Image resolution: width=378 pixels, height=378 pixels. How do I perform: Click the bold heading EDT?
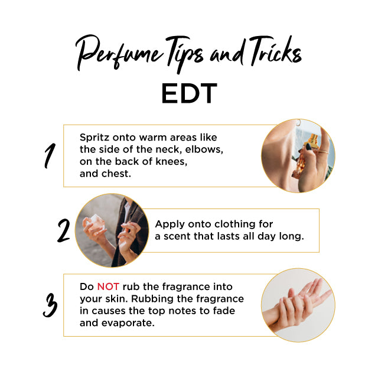(189, 93)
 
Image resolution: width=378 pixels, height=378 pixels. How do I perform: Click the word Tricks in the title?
(275, 51)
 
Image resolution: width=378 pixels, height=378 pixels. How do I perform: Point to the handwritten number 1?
(50, 156)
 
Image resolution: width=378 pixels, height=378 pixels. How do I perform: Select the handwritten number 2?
(63, 230)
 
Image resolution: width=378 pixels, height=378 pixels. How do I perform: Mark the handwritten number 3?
(50, 305)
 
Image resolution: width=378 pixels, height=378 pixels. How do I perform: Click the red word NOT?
(108, 286)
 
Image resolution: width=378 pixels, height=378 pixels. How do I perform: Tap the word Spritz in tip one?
(94, 138)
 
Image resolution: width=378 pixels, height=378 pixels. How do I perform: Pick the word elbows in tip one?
(204, 149)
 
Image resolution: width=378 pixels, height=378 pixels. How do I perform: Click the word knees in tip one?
(171, 161)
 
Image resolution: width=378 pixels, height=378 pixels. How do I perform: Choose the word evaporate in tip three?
(128, 323)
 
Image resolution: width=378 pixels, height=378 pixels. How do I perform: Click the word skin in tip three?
(117, 299)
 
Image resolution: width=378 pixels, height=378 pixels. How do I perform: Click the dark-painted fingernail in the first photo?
(308, 146)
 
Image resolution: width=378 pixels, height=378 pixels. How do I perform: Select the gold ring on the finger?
(323, 152)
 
